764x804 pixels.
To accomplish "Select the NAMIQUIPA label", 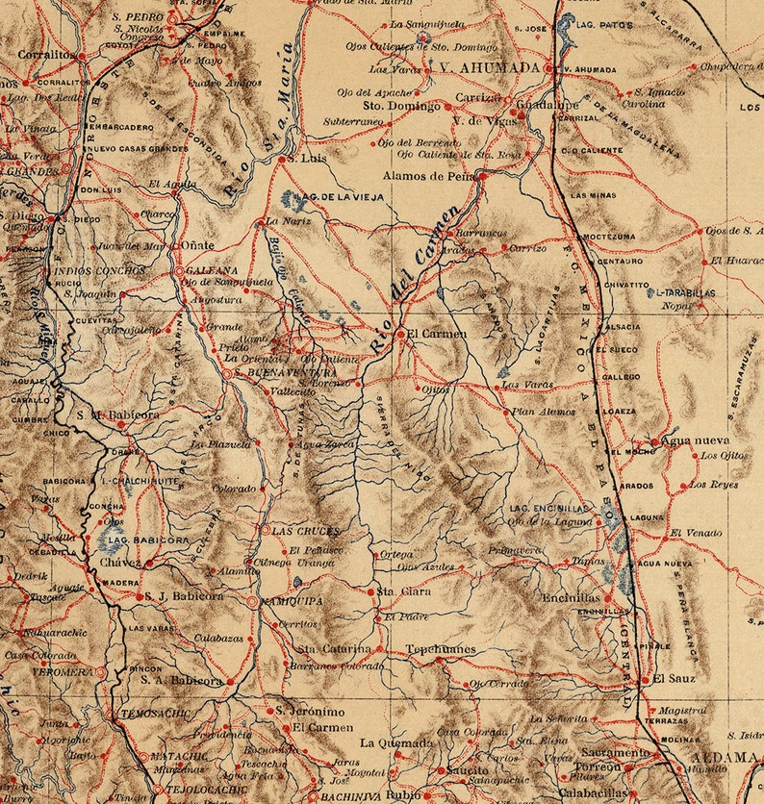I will point(293,601).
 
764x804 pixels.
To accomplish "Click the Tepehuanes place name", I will point(441,650).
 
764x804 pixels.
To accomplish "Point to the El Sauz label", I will point(674,679).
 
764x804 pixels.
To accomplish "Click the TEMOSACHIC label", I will point(154,714).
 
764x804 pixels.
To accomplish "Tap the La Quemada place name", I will point(396,742).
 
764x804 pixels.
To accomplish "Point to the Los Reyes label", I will point(713,485).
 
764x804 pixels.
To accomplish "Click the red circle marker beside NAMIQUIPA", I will point(252,601).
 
